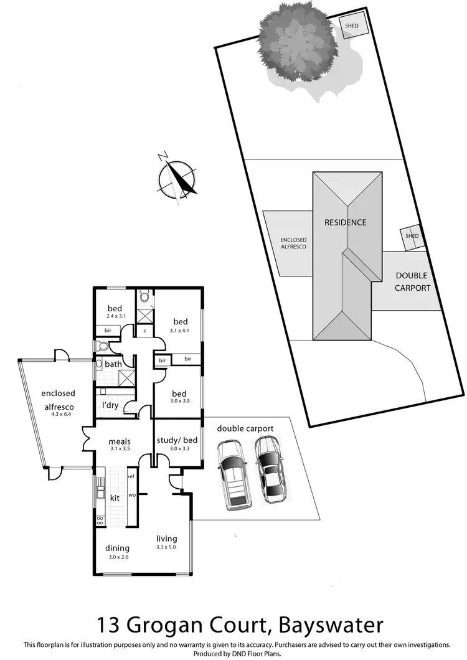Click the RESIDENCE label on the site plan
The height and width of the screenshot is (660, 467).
[344, 222]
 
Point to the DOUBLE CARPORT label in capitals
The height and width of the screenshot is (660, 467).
[412, 281]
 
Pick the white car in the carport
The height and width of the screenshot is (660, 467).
[232, 473]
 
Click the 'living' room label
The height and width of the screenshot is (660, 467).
[166, 539]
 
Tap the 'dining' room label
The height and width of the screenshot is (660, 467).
[117, 548]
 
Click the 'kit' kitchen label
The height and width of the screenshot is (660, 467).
[115, 498]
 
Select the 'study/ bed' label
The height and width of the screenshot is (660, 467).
[178, 440]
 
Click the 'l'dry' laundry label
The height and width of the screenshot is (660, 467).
[110, 406]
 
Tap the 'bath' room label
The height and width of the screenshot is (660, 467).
[113, 364]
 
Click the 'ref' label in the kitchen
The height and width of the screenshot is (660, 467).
[131, 477]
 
